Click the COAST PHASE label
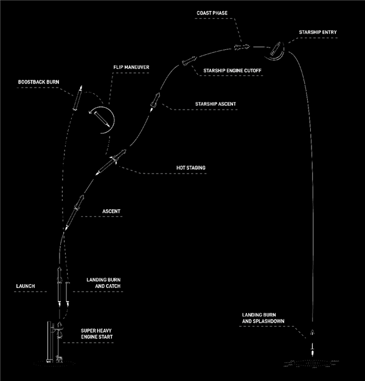click(x=212, y=12)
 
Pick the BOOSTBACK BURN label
click(x=40, y=80)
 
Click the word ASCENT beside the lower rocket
click(x=111, y=211)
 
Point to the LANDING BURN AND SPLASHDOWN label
click(x=263, y=318)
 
